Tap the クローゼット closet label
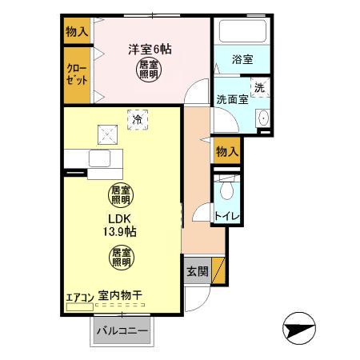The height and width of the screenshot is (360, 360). (x=77, y=75)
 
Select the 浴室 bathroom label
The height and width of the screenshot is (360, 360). (x=242, y=59)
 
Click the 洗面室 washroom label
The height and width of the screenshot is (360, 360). (x=233, y=100)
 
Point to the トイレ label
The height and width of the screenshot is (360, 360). (x=227, y=216)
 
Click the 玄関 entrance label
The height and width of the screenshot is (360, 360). (x=198, y=271)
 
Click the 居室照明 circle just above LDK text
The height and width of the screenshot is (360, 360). (x=121, y=194)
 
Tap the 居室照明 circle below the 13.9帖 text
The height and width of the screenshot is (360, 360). (x=121, y=257)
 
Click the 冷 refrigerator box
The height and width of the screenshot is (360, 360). (x=138, y=119)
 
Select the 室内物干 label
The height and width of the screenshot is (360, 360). (x=121, y=296)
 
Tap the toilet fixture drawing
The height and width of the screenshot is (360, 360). (x=227, y=189)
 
